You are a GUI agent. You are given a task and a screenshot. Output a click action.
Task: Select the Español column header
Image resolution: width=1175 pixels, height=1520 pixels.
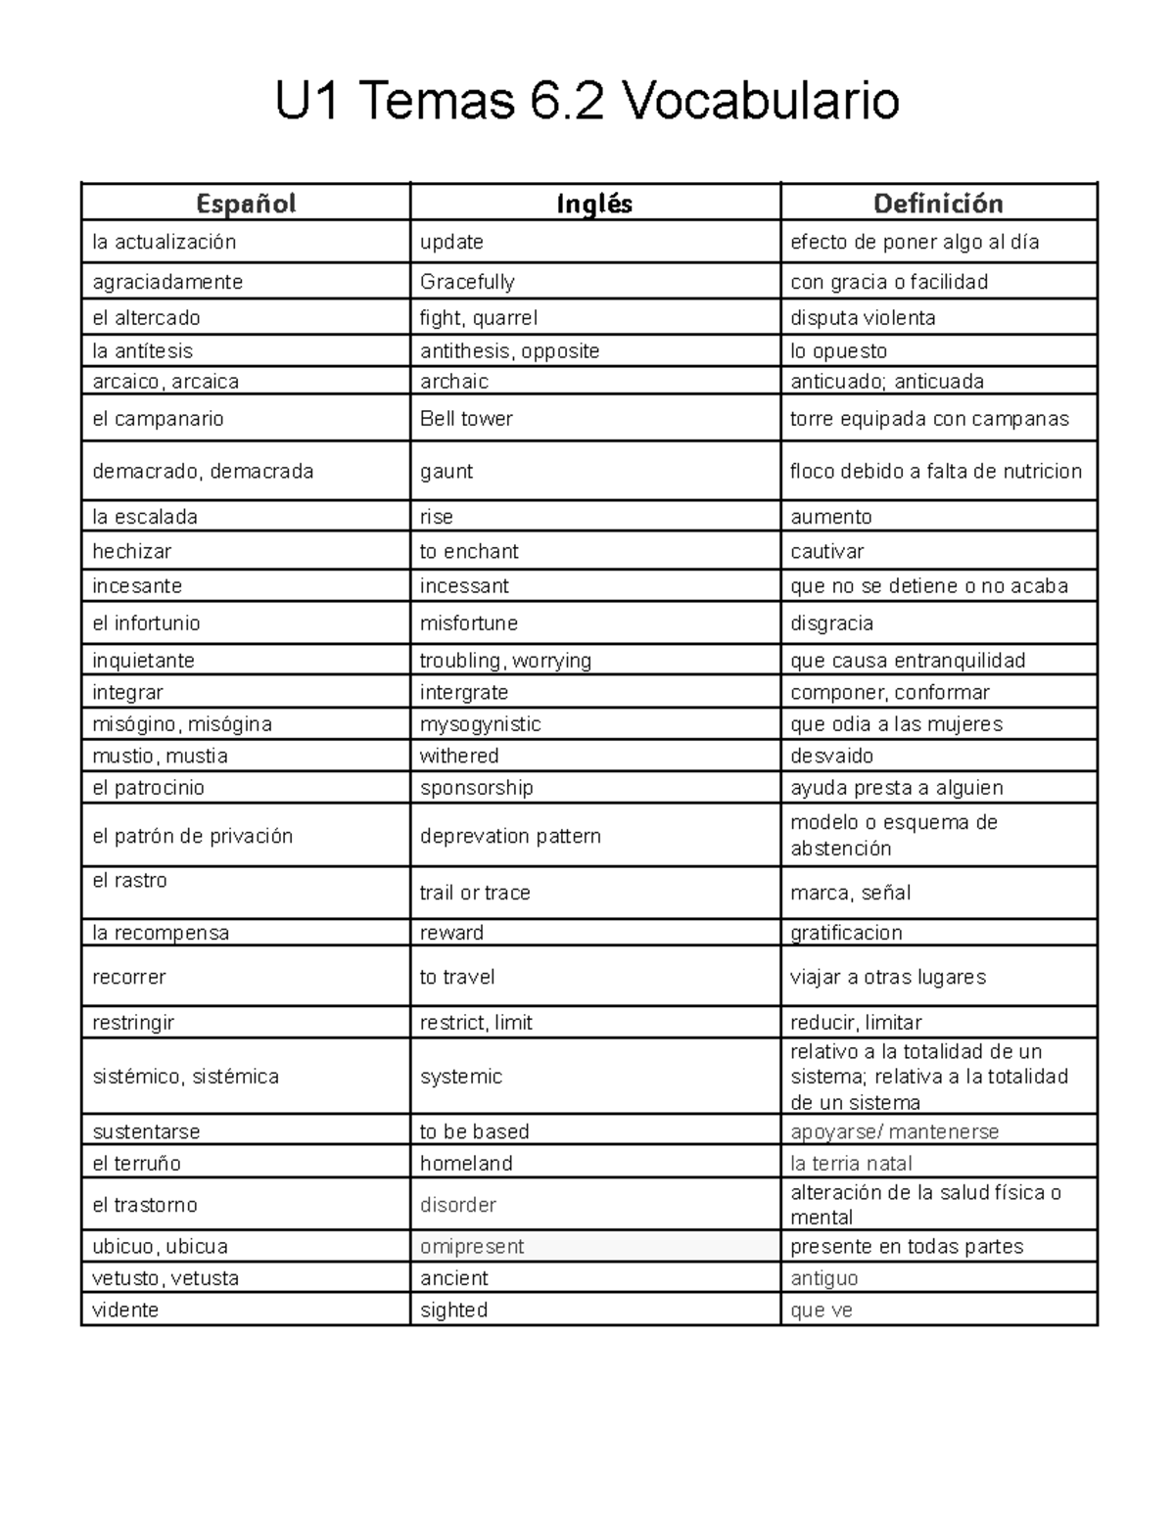(x=246, y=204)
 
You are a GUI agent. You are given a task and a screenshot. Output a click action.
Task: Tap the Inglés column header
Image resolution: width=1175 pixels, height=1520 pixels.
(x=594, y=204)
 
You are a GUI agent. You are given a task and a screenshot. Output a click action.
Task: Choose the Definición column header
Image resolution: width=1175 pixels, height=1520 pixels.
(x=938, y=204)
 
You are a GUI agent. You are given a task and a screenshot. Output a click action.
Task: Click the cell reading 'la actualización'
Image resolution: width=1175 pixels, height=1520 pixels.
(x=164, y=242)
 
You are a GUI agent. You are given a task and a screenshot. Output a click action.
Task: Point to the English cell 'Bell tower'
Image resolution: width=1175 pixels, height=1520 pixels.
(x=466, y=419)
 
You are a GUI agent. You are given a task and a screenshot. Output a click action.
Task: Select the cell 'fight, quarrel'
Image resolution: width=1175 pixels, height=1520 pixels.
(x=479, y=318)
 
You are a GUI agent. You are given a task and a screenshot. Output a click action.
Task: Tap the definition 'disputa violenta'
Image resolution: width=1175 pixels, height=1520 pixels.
(x=863, y=318)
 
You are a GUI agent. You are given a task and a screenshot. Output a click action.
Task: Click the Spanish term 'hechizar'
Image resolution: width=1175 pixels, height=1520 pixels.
(x=132, y=551)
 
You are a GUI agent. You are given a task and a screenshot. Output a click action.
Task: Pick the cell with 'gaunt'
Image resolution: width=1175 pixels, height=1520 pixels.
(x=446, y=472)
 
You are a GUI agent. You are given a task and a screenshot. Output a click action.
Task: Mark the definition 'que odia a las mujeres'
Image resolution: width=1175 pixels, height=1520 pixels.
(x=896, y=724)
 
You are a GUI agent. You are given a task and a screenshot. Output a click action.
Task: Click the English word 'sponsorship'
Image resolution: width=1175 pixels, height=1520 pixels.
(x=477, y=788)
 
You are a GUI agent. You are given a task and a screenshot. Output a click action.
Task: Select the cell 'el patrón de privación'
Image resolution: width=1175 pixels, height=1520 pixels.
(x=193, y=836)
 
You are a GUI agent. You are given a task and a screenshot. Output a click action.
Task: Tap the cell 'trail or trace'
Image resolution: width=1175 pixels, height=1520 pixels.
(x=475, y=893)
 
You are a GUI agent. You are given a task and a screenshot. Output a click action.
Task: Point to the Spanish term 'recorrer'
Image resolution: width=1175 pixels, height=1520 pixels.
(x=129, y=977)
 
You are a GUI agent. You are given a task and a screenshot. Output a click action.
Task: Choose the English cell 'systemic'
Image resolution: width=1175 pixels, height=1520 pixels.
(x=461, y=1077)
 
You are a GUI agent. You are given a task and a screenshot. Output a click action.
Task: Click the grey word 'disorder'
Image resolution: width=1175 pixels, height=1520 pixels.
(x=458, y=1205)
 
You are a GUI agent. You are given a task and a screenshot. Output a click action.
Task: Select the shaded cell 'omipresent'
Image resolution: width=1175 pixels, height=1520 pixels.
(x=472, y=1246)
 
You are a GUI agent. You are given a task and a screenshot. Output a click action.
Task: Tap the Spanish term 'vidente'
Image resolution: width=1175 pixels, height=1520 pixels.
(x=125, y=1310)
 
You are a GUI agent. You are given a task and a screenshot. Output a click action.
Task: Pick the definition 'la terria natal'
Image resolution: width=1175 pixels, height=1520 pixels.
(x=851, y=1164)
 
